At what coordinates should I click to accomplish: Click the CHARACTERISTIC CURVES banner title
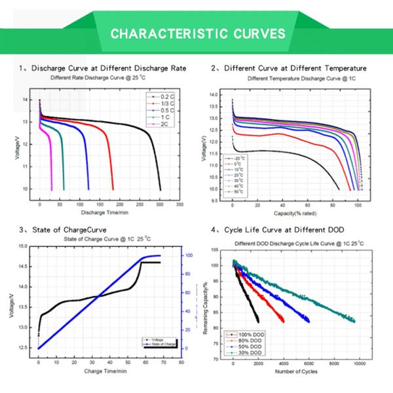[x=197, y=33]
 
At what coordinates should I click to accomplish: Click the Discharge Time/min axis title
[x=105, y=213]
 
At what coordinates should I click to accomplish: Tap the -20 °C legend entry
[x=235, y=159]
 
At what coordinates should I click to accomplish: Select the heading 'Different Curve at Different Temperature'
[x=295, y=68]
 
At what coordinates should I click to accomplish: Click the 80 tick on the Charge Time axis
[x=181, y=362]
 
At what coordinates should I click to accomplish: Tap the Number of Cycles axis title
[x=297, y=372]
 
